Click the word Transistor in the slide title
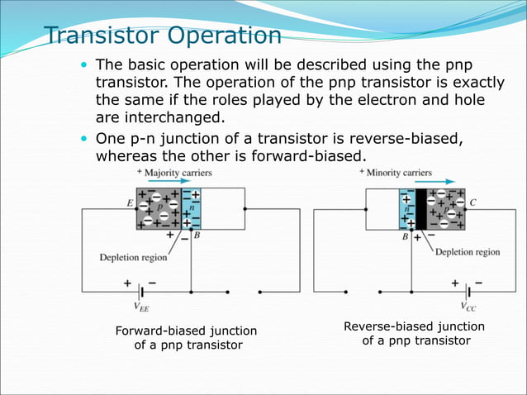(98, 36)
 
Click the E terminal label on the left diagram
(128, 202)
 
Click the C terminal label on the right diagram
(473, 202)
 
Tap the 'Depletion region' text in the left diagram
(133, 257)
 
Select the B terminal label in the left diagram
(197, 236)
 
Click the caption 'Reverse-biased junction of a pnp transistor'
(414, 333)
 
